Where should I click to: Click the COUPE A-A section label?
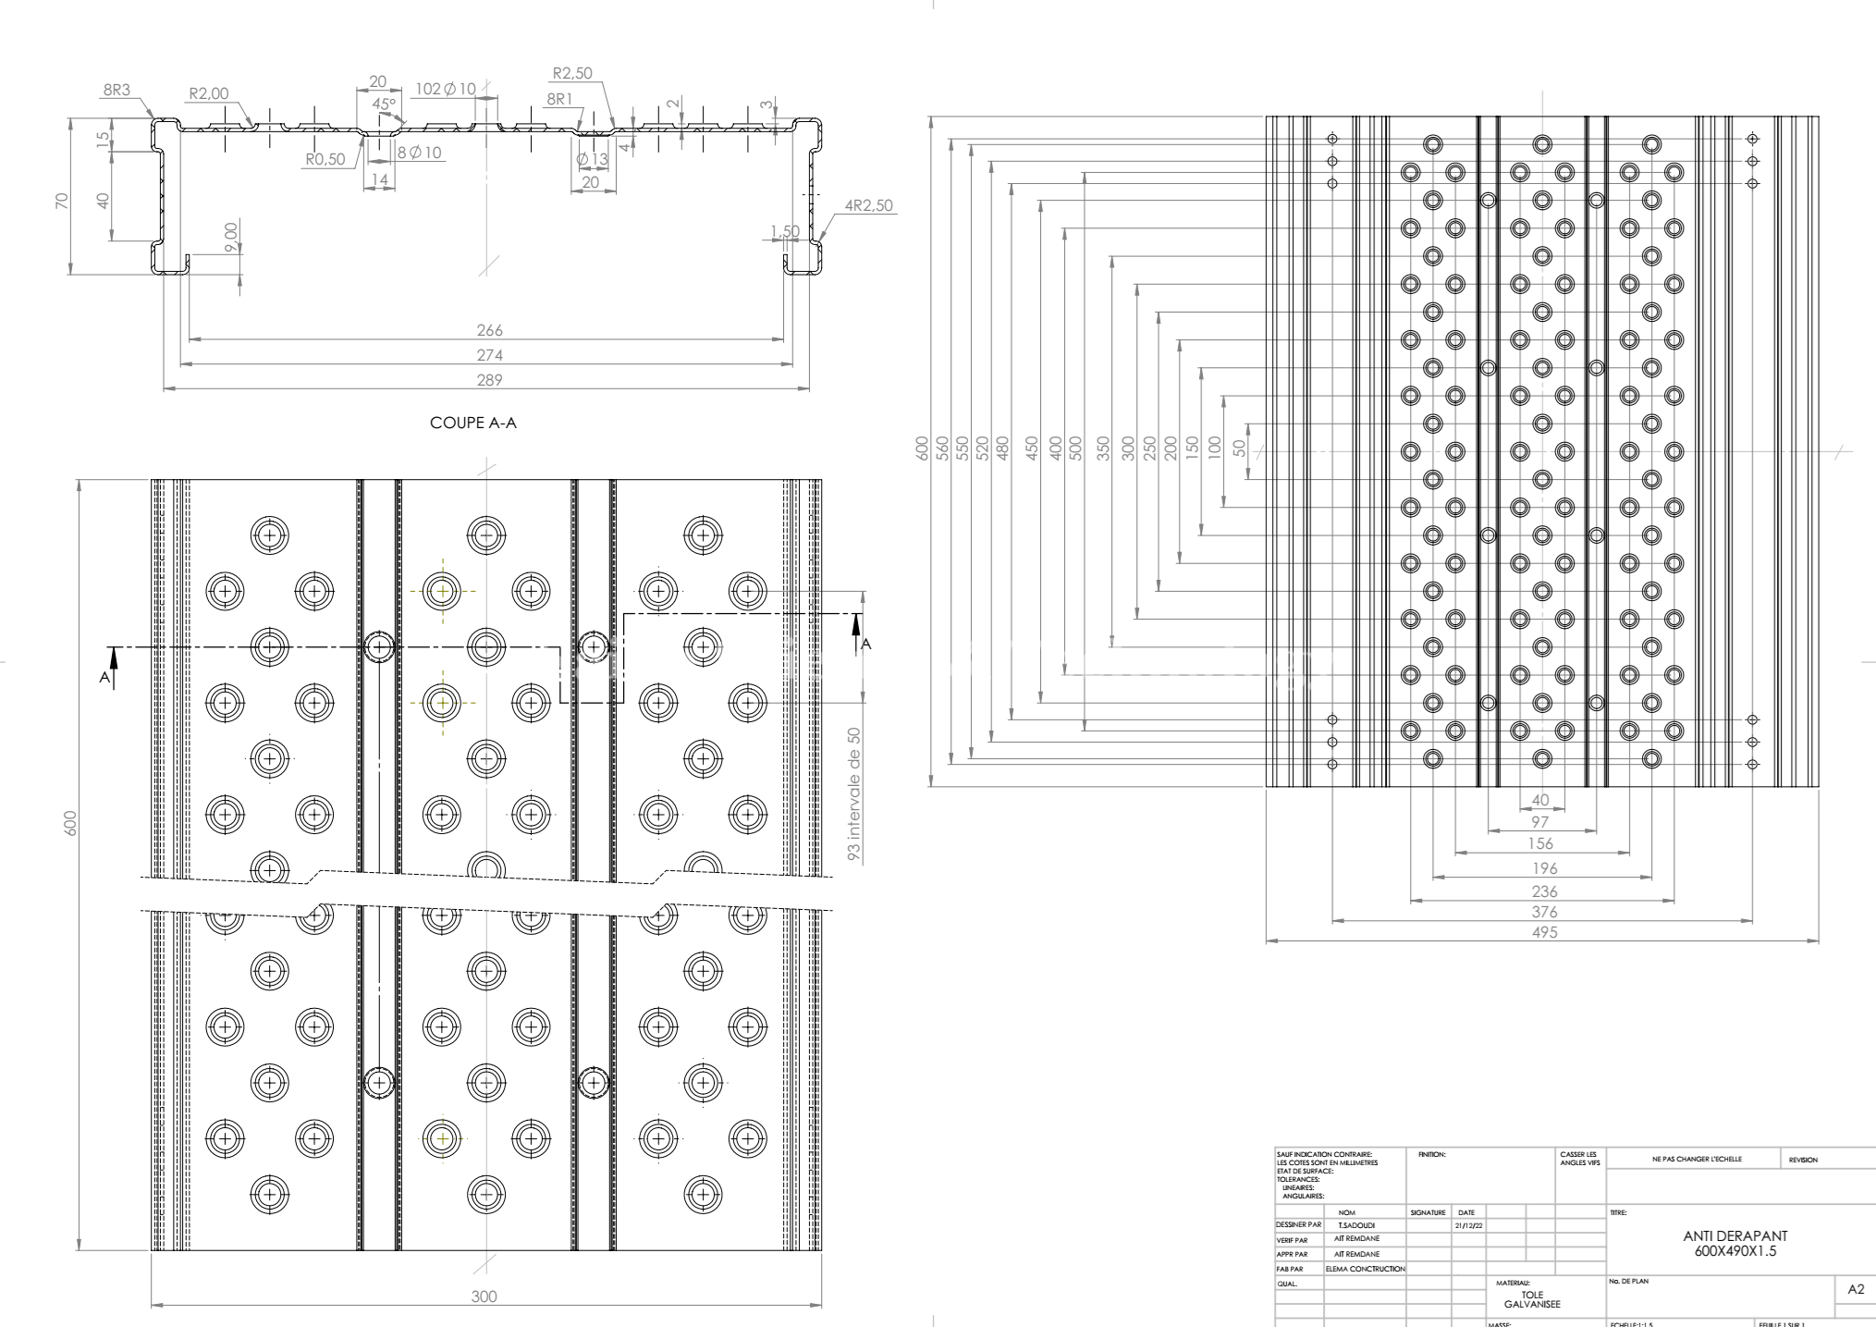473,423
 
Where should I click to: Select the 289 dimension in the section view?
488,379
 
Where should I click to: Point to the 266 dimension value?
488,330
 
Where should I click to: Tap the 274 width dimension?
488,355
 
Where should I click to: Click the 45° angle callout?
384,104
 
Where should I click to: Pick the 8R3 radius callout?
116,90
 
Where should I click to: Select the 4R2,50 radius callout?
868,205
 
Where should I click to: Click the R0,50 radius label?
325,159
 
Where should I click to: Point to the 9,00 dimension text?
231,236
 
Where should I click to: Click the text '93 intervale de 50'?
854,794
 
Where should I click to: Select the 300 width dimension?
484,1296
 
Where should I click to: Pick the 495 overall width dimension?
1544,932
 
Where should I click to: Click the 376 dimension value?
1544,912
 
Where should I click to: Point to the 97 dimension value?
1539,821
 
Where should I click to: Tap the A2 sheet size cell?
1855,1289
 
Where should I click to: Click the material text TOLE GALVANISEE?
1532,1299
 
